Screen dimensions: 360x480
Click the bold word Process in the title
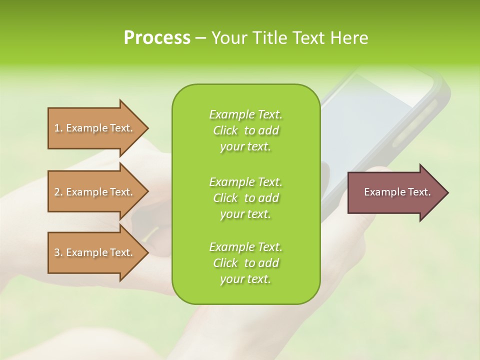[x=157, y=38]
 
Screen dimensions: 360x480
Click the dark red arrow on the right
[x=395, y=192]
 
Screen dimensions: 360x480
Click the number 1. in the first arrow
[x=58, y=128]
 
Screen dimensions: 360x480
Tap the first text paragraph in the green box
[x=245, y=130]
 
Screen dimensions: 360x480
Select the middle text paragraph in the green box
[x=245, y=198]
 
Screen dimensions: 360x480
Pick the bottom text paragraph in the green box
[x=245, y=263]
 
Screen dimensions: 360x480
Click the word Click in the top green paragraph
[x=225, y=130]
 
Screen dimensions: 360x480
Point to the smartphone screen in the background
[x=370, y=115]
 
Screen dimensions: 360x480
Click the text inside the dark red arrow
[x=397, y=192]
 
